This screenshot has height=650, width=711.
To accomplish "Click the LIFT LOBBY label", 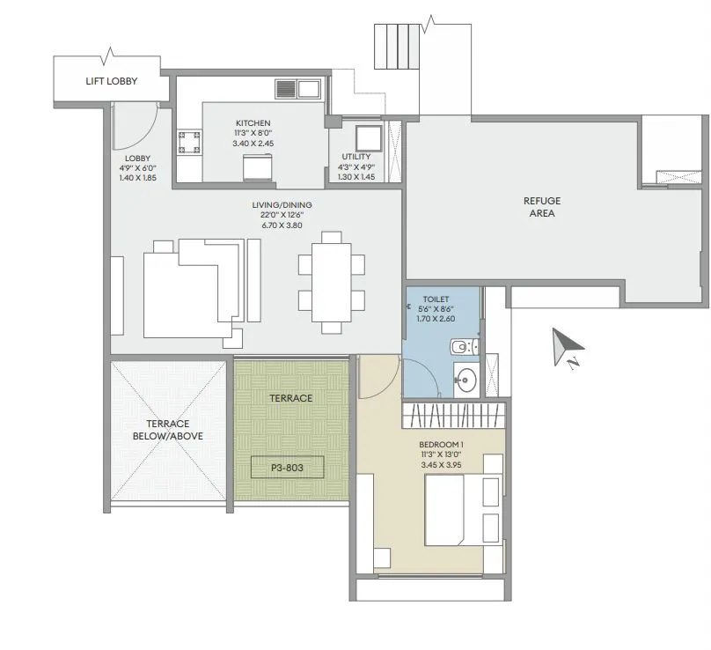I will click(111, 82).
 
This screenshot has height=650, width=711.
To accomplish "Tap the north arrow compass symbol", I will click(563, 347).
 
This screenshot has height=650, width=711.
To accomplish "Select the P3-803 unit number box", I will click(287, 468).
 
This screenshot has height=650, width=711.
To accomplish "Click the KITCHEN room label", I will click(253, 123).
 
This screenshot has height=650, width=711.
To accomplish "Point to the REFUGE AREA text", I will click(541, 207).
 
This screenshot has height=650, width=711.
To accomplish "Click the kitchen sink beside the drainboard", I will click(309, 88).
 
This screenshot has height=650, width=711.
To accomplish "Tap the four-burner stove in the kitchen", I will click(188, 143).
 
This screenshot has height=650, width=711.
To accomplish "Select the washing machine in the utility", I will click(366, 138).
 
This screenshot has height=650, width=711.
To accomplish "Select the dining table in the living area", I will click(331, 282).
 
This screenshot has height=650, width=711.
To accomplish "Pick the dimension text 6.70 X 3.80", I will click(281, 225).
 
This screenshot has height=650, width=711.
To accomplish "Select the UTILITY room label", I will click(356, 157).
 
